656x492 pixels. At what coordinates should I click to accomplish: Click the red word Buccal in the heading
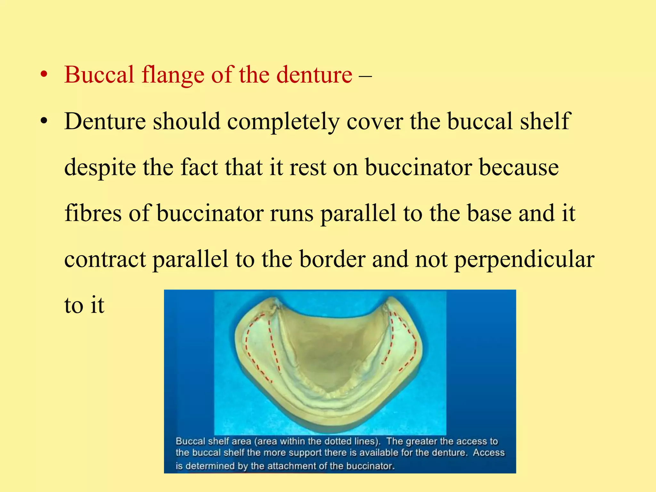99,75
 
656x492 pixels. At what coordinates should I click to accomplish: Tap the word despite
100,168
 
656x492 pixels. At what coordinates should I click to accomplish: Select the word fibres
93,213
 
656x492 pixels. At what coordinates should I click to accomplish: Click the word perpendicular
524,259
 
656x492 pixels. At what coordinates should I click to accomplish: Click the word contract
105,259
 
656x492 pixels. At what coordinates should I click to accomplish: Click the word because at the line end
519,168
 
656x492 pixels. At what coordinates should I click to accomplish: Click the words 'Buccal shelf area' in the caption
213,441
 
